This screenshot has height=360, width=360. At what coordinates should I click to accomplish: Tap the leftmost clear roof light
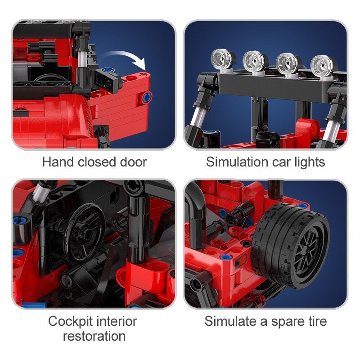pos(223,59)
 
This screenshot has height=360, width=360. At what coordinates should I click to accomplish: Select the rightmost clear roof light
pos(322,64)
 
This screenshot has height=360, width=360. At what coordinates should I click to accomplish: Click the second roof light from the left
pos(255,61)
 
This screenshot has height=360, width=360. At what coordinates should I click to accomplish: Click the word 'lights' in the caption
pos(310,162)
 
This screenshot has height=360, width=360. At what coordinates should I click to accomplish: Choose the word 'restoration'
pos(94,336)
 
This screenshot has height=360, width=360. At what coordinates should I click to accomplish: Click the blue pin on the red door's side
pos(147,98)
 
